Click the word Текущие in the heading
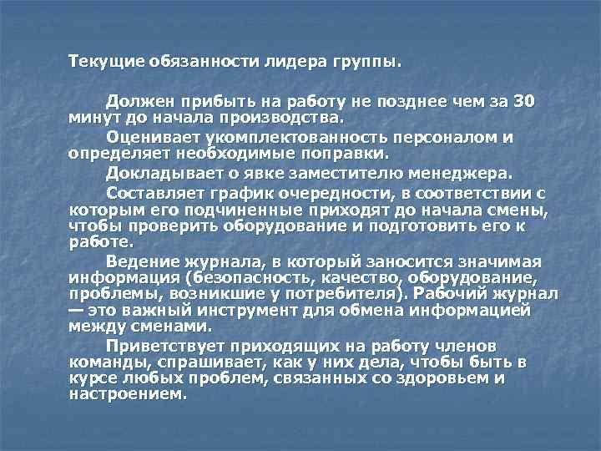pyautogui.click(x=108, y=63)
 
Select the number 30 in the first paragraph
pyautogui.click(x=523, y=102)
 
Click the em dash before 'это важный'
pyautogui.click(x=76, y=310)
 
